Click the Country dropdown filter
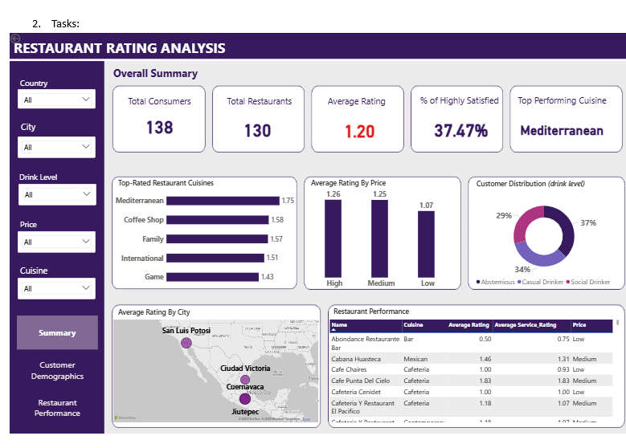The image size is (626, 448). (x=56, y=100)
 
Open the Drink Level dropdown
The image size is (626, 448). (x=56, y=194)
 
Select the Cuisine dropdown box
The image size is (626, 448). (x=56, y=288)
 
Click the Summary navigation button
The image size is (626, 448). (x=57, y=332)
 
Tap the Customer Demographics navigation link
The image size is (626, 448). (x=57, y=370)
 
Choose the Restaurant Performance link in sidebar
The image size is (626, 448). (x=57, y=408)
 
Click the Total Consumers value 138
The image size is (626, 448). (x=159, y=128)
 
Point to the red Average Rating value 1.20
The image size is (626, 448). (x=359, y=131)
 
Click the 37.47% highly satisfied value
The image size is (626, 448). (x=460, y=131)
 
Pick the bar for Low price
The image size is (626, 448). (x=428, y=244)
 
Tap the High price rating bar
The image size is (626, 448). (x=334, y=238)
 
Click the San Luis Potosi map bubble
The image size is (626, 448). (x=186, y=343)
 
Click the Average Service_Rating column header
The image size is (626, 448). (x=526, y=325)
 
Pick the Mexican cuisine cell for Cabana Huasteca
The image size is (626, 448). (x=415, y=359)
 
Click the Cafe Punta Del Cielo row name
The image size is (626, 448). (x=361, y=381)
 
